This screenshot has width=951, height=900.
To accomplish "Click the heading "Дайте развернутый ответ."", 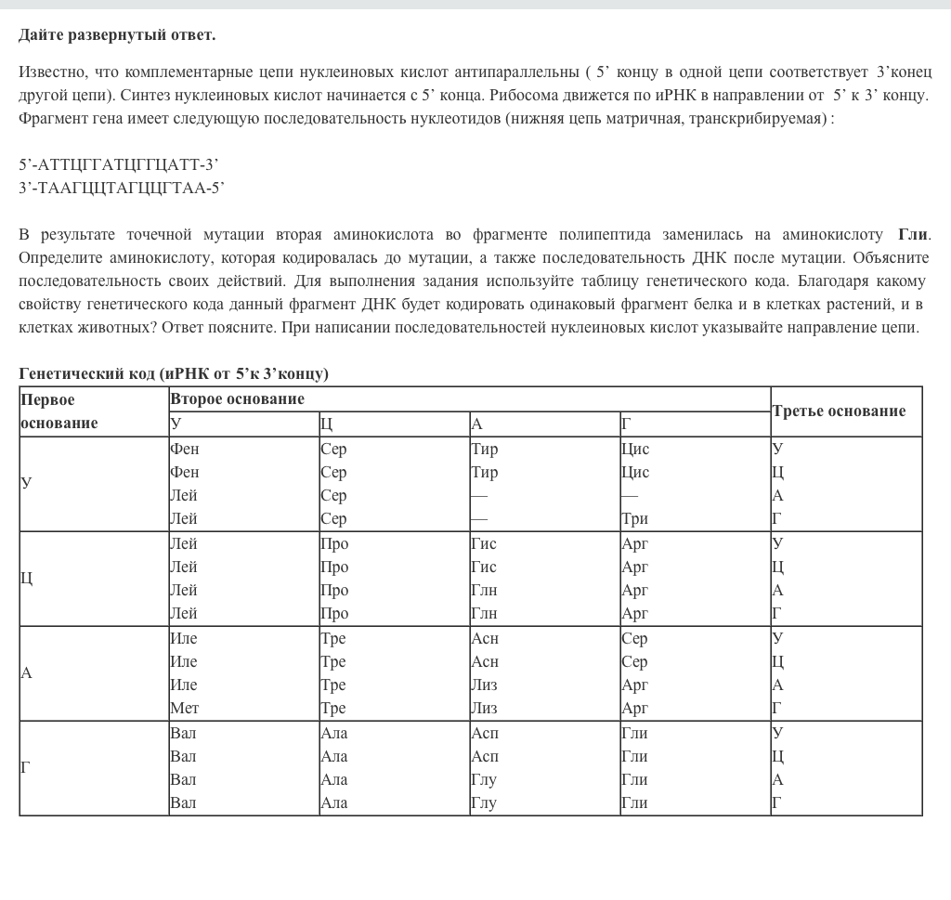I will (x=117, y=35).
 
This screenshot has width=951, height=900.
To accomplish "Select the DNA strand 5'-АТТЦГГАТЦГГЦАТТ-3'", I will (x=119, y=165).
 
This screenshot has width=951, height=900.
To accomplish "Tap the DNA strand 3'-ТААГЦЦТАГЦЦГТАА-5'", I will (x=122, y=189).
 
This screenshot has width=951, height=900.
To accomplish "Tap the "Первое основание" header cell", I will (x=59, y=411).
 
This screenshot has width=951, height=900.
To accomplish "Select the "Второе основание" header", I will (x=238, y=399).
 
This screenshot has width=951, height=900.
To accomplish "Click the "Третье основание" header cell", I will (x=839, y=411).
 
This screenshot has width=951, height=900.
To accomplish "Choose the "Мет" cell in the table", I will (x=185, y=708).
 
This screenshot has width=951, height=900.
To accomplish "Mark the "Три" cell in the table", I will (x=635, y=519).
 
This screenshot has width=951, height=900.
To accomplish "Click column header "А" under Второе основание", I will (x=477, y=424).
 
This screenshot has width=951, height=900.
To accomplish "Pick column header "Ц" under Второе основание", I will (x=326, y=424).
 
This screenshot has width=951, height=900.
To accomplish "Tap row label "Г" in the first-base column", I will (x=26, y=767).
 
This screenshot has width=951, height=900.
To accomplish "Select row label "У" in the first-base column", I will (x=26, y=483).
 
